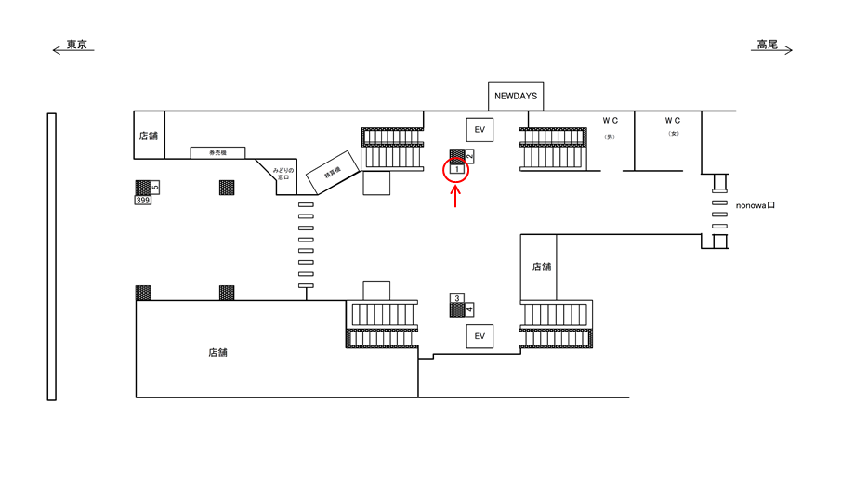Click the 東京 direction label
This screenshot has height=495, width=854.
coord(77,45)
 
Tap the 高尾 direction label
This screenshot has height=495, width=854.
coord(767,45)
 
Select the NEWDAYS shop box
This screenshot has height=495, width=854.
coord(517,96)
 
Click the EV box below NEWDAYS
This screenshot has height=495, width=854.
coord(480,129)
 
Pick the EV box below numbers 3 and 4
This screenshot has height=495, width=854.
coord(480,335)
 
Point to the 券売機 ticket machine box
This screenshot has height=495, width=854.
coord(218,152)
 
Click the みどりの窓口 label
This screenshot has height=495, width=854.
coord(282,176)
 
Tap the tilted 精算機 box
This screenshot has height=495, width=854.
coord(328,172)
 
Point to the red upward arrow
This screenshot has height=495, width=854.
coord(455,196)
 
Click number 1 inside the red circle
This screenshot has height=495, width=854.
coord(456,169)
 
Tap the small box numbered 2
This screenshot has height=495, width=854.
coord(469,156)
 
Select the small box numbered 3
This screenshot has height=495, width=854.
coord(456,298)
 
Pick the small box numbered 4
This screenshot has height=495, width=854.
coord(469,308)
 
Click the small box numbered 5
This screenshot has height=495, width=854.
coord(155,188)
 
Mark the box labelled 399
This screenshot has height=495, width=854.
coord(143,200)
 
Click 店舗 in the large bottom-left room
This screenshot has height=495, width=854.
coord(218,353)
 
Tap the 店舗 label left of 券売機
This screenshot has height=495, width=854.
coord(149,136)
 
